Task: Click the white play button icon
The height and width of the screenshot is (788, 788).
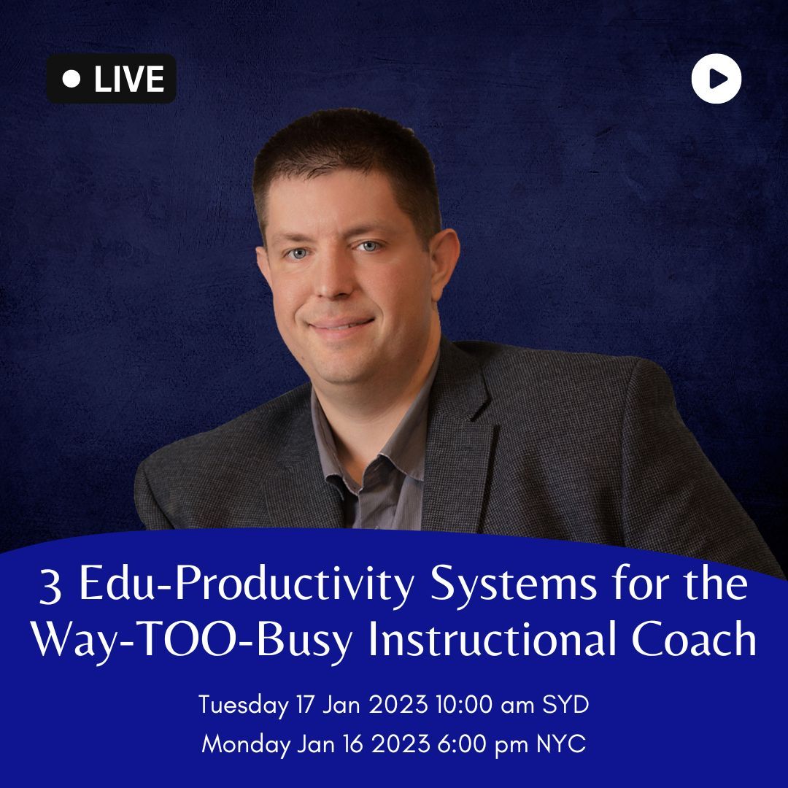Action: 716,78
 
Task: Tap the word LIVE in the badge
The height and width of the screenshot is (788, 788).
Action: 129,79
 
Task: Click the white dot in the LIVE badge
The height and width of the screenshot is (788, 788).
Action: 72,78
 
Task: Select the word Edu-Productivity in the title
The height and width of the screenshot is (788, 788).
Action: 247,584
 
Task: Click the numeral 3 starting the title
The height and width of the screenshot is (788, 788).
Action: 50,586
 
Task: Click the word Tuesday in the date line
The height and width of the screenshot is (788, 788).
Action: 244,705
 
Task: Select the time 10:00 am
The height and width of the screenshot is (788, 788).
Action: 485,704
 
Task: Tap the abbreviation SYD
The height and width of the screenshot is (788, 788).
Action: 565,704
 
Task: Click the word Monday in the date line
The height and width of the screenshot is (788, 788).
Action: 246,744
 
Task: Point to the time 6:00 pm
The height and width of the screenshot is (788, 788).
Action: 482,744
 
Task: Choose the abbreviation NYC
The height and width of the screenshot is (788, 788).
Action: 561,743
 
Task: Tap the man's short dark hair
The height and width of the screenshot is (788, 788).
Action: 347,156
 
